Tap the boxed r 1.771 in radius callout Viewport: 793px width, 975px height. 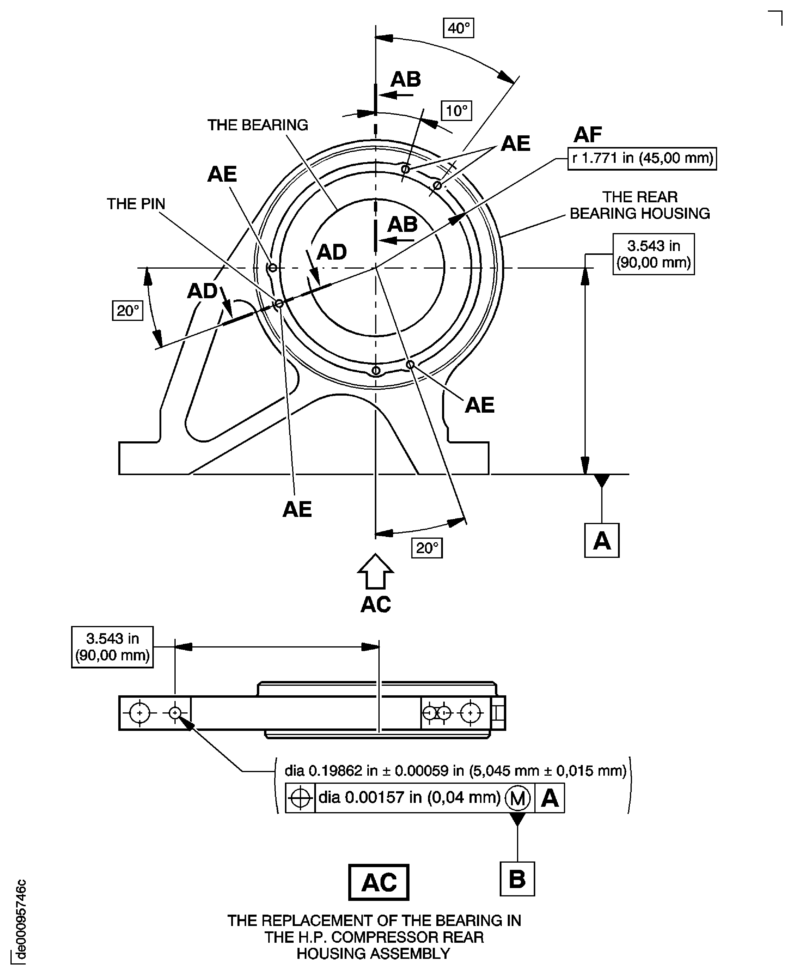tap(642, 159)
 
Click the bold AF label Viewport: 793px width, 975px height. tap(588, 135)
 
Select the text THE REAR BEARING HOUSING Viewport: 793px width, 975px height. tap(639, 205)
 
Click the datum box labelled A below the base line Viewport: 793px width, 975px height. tap(602, 541)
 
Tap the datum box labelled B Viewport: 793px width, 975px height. tap(517, 878)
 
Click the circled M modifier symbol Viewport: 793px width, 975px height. tap(518, 798)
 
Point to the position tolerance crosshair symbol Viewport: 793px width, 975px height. tap(300, 798)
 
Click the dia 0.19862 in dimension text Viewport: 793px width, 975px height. tap(455, 771)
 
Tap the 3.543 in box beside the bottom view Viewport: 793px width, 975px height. tap(112, 647)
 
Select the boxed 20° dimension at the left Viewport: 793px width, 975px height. tap(128, 311)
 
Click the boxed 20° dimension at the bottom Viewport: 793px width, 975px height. tap(427, 548)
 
